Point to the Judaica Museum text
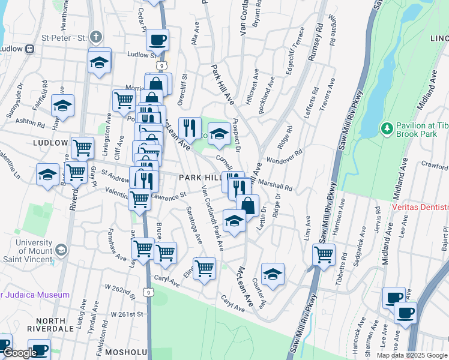tap(36, 295)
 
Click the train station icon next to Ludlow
tap(29, 49)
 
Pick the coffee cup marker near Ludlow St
tap(157, 40)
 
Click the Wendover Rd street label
tap(282, 161)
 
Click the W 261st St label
tap(127, 314)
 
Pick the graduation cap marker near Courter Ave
tap(273, 274)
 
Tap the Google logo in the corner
tap(19, 353)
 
